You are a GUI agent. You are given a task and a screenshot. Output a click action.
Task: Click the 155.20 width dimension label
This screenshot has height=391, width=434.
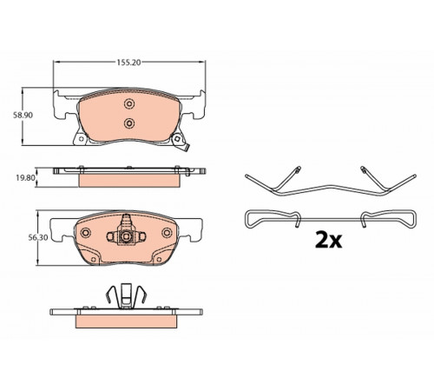[x=128, y=63]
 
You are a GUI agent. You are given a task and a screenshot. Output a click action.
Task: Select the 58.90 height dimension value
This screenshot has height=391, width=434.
[x=23, y=115]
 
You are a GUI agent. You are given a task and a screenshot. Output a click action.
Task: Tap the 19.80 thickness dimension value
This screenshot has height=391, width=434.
[x=25, y=178]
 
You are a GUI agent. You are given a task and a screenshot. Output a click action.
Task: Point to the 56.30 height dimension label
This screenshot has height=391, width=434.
[x=38, y=238]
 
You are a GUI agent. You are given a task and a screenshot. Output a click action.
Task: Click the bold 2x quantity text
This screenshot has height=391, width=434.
[x=328, y=240]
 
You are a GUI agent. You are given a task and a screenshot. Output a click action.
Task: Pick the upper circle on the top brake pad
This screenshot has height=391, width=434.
[x=129, y=103]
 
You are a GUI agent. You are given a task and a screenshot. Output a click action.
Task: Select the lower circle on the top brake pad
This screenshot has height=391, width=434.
[x=129, y=123]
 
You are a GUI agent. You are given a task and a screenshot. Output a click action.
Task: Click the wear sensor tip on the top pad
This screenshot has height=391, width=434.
[x=184, y=148]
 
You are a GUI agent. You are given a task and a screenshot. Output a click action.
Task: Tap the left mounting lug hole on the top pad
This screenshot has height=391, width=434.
[x=81, y=139]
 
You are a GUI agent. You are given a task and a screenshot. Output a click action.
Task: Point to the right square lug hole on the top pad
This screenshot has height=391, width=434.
[x=177, y=139]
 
